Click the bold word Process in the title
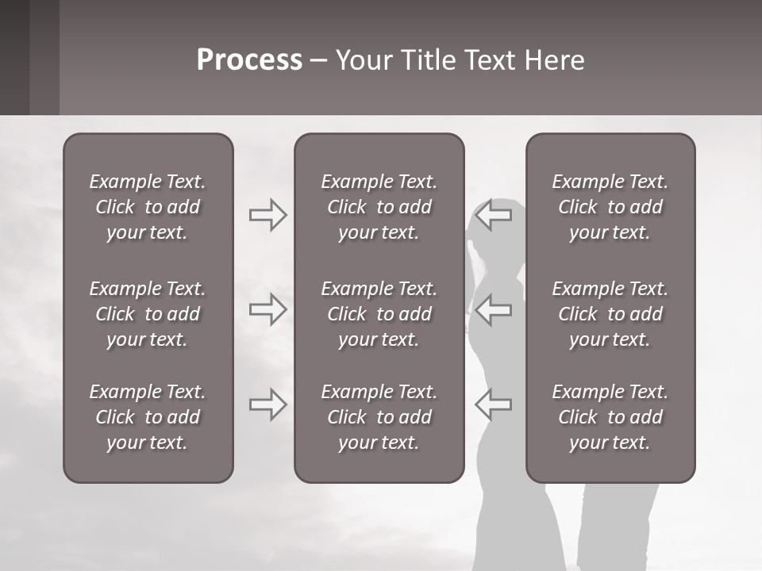tap(249, 60)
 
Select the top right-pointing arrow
tap(267, 215)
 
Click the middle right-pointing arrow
tap(267, 309)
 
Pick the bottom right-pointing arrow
tap(267, 404)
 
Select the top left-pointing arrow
tap(493, 215)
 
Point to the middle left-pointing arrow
tap(493, 309)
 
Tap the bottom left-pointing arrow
tap(493, 404)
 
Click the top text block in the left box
tap(148, 207)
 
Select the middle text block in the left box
tap(148, 314)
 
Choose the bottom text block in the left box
tap(148, 417)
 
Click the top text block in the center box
tap(379, 207)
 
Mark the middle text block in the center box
tap(379, 314)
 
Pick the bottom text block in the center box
tap(379, 417)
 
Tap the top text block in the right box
tap(610, 207)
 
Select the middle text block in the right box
tap(610, 314)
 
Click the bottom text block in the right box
tap(610, 417)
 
